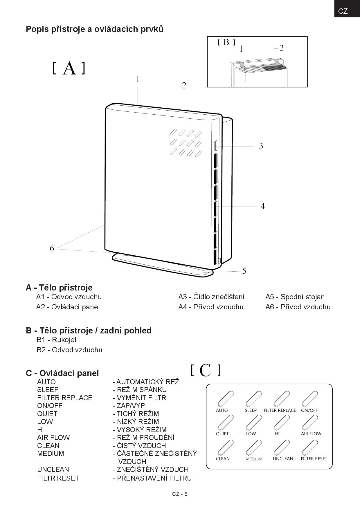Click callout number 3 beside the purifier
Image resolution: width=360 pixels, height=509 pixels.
point(261,146)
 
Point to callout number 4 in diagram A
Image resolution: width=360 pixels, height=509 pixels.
point(263,206)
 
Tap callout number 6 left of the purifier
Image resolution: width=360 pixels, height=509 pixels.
point(52,248)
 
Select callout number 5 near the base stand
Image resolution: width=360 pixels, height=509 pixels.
point(244,271)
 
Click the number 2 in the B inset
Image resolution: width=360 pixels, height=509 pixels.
point(281,48)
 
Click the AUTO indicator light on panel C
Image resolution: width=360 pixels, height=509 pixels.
point(225,398)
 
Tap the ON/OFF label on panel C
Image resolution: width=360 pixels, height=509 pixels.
point(309,410)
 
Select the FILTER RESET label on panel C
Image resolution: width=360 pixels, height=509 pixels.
point(314,459)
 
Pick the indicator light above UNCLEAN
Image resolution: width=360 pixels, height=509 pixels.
point(282,447)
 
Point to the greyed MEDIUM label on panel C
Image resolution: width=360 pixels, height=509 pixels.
point(254,459)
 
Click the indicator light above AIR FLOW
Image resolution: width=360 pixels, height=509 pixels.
point(310,422)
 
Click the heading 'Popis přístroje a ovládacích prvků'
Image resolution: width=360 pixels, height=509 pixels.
point(95,29)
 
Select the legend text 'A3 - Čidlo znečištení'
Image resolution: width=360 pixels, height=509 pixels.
point(211,297)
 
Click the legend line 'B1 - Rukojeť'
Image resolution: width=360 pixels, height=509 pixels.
point(57,340)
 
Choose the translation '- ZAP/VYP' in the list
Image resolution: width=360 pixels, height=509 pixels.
point(129,406)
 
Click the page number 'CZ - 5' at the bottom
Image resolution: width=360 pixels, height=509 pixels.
point(180,494)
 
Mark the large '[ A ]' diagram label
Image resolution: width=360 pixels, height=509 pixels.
point(69,68)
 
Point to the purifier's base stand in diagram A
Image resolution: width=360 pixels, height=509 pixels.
point(163,264)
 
